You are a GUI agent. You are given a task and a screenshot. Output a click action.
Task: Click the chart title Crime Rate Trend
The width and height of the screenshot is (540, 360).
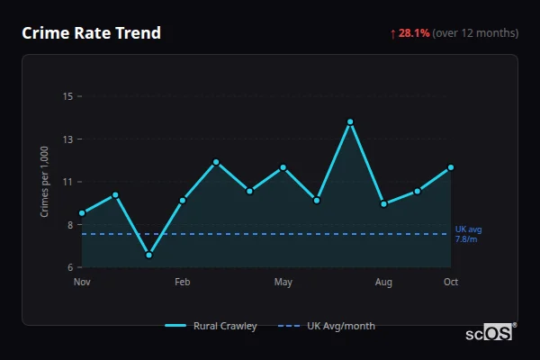(91, 33)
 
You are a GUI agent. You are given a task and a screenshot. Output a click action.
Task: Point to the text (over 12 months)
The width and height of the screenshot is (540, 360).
(475, 33)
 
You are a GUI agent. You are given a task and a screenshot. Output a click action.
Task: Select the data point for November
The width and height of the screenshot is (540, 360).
(82, 213)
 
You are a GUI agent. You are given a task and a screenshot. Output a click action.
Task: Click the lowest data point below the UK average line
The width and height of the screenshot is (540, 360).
(148, 255)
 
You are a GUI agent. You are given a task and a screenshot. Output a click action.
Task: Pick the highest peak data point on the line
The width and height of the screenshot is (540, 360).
(350, 121)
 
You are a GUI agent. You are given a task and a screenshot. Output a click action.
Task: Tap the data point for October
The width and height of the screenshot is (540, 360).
(451, 167)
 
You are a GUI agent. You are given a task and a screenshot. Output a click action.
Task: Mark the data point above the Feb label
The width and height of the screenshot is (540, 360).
(183, 200)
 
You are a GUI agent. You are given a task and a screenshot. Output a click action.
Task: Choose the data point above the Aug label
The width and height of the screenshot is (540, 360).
(384, 203)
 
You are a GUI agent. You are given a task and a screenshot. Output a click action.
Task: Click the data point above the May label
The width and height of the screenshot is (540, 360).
(283, 167)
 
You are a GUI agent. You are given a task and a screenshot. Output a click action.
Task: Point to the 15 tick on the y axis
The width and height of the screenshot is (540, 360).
(67, 96)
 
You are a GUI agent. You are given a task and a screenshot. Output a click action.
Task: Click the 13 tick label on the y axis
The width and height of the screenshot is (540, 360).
(67, 139)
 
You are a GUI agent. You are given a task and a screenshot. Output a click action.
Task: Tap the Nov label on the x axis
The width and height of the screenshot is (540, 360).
(82, 283)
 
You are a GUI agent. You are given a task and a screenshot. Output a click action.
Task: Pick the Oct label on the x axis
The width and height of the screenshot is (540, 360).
(451, 283)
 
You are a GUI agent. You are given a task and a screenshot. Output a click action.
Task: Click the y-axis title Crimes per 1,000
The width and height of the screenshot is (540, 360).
(45, 182)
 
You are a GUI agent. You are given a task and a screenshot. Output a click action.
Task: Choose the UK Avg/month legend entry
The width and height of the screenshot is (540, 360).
(328, 326)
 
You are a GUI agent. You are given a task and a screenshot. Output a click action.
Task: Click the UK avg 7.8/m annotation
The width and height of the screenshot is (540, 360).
(467, 234)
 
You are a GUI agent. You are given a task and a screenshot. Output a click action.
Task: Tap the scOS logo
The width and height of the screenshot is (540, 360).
(490, 333)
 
